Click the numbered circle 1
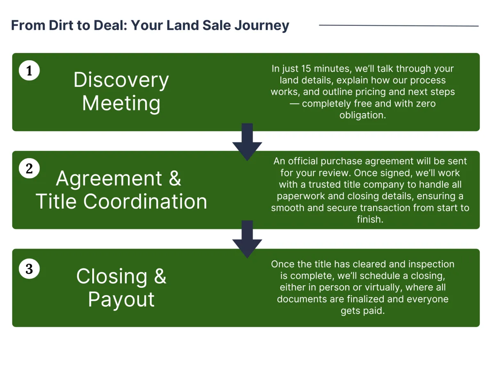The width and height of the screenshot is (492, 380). pyautogui.click(x=29, y=71)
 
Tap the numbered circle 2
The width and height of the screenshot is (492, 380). pyautogui.click(x=29, y=168)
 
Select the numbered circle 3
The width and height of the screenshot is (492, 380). pyautogui.click(x=29, y=269)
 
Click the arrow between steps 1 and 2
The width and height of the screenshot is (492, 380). pyautogui.click(x=247, y=142)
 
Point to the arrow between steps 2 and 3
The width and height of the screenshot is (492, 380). pyautogui.click(x=247, y=239)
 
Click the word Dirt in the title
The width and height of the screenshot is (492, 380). pyautogui.click(x=61, y=25)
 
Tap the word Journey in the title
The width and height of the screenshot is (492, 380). pyautogui.click(x=262, y=26)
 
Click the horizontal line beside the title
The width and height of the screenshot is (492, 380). pyautogui.click(x=399, y=25)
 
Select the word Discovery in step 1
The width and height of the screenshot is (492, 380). pyautogui.click(x=121, y=80)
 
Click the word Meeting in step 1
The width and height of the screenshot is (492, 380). pyautogui.click(x=121, y=103)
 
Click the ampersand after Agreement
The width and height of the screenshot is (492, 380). pyautogui.click(x=175, y=178)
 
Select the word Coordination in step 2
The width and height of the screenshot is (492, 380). pyautogui.click(x=145, y=201)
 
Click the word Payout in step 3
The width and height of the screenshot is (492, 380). pyautogui.click(x=121, y=300)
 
